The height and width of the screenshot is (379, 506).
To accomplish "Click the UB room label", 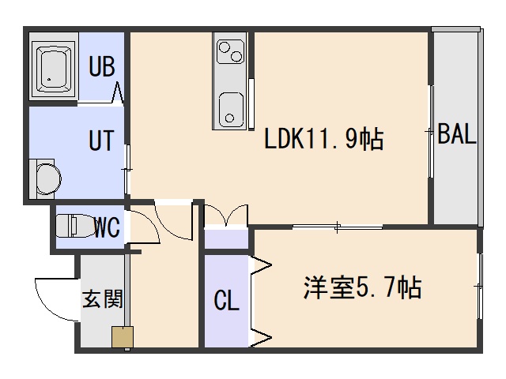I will (102, 66).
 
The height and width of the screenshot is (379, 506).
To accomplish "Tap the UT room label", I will (101, 143).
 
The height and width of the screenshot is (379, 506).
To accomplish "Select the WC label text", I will (107, 228).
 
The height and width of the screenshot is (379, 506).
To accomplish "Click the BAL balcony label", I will (457, 135).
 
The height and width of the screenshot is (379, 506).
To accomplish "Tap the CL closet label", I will (227, 301).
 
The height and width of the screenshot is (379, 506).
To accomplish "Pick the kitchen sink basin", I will (232, 107).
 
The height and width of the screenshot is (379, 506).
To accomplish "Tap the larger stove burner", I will (235, 54).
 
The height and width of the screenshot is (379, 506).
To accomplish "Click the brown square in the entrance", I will (122, 337).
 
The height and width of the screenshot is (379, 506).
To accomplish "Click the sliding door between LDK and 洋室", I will (338, 228).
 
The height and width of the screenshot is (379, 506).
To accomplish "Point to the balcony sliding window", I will (431, 133).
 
